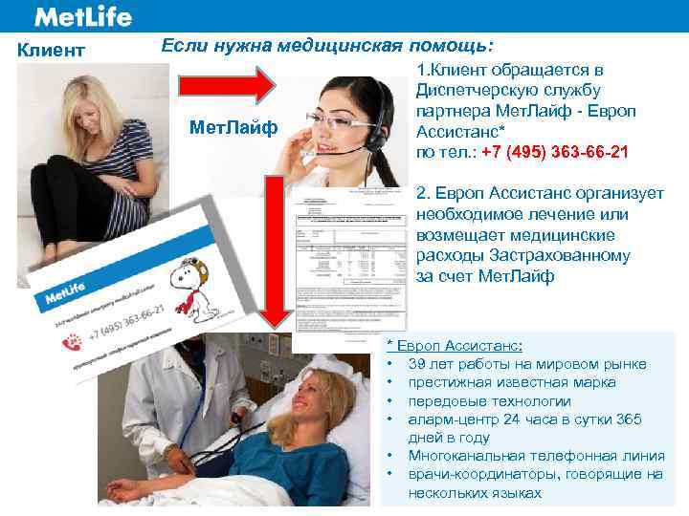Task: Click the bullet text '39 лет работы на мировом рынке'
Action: (526, 364)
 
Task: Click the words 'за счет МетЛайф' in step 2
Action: (485, 276)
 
